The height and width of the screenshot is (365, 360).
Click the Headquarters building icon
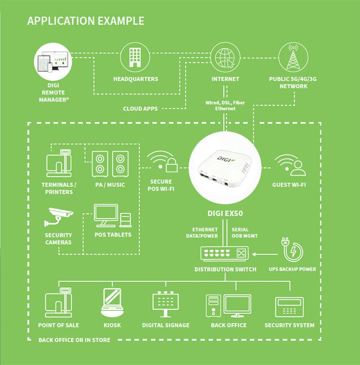click(x=135, y=57)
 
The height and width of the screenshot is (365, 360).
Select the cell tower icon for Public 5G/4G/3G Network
click(x=293, y=57)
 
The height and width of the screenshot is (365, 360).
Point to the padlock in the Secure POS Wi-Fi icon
click(x=171, y=167)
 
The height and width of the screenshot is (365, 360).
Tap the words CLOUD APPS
click(x=140, y=109)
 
